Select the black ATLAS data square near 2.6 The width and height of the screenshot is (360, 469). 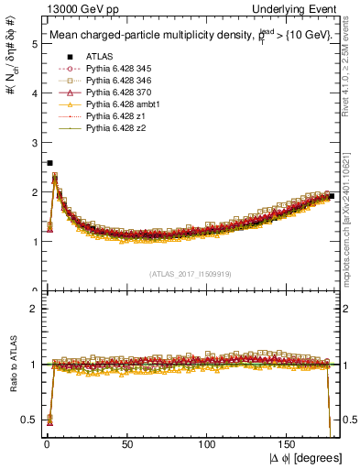click(49, 163)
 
